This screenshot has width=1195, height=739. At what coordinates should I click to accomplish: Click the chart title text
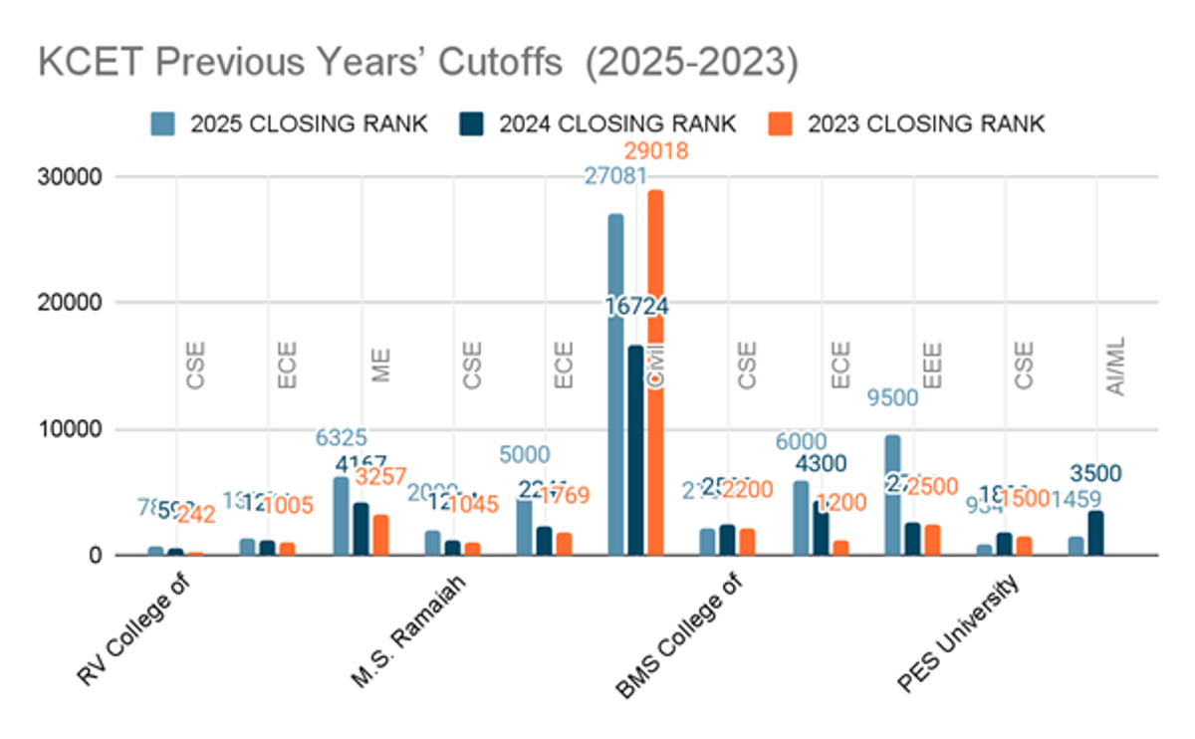tap(417, 62)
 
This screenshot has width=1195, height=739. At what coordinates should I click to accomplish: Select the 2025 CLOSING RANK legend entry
tap(289, 123)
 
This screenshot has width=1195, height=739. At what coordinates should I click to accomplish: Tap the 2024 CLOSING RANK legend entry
tap(597, 123)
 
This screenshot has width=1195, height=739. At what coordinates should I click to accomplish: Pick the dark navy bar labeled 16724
tap(635, 449)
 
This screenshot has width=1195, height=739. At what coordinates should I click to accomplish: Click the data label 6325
tap(342, 437)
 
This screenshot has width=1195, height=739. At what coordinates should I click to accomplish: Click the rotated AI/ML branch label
tap(1116, 369)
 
